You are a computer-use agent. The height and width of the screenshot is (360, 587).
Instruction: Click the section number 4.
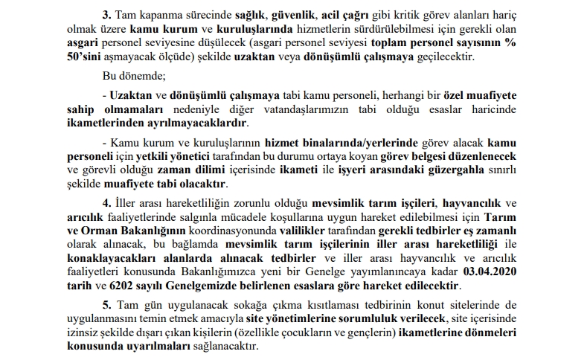coord(106,203)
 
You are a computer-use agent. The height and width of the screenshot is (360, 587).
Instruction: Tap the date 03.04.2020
coord(491,271)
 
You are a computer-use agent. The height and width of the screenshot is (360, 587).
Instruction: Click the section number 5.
coord(106,305)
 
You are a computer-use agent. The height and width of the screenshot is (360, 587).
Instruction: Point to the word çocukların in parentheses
coord(304,332)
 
